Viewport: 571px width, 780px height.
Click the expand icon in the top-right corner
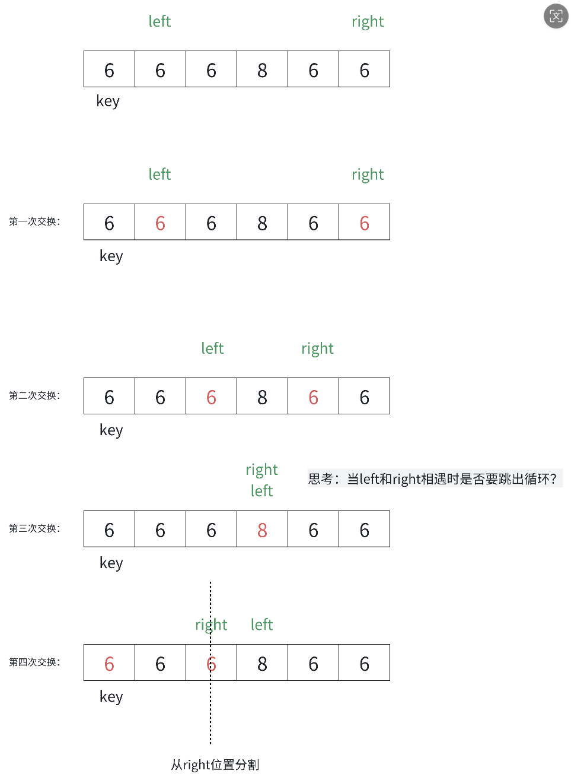[556, 16]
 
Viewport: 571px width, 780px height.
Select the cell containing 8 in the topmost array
[262, 70]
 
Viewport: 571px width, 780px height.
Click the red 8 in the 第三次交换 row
[262, 529]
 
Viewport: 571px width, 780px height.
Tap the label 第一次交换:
[34, 221]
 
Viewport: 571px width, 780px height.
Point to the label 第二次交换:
[34, 395]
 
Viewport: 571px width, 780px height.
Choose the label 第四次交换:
[34, 662]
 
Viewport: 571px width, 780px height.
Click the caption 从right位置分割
[215, 765]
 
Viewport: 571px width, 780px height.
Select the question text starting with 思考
[433, 478]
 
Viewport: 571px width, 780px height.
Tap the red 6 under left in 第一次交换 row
[160, 223]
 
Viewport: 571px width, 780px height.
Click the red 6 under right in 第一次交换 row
[364, 223]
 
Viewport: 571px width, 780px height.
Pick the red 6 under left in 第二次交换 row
[211, 397]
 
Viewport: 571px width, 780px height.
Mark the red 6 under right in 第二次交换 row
[313, 397]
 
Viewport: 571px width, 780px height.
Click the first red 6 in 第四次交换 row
[109, 664]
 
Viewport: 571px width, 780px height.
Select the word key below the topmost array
[108, 102]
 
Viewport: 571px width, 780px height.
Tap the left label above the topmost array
[160, 21]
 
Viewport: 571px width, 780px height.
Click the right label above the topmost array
[368, 22]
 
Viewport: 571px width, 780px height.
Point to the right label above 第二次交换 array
[317, 348]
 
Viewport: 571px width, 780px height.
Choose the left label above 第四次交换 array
[261, 624]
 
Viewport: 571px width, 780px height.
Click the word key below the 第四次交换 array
[111, 696]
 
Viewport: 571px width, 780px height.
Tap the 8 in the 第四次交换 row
[262, 664]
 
